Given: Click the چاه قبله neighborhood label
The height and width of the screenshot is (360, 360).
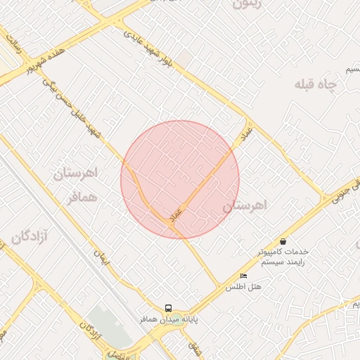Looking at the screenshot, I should tap(316, 85).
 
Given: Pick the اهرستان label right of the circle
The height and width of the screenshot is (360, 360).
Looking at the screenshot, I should tap(246, 206).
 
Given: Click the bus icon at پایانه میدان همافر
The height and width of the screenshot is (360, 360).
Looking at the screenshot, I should tap(168, 308).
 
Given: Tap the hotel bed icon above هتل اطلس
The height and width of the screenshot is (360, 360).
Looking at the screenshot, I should tap(244, 276).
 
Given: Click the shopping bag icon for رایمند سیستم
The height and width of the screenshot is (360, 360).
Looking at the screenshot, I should tap(283, 241).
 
